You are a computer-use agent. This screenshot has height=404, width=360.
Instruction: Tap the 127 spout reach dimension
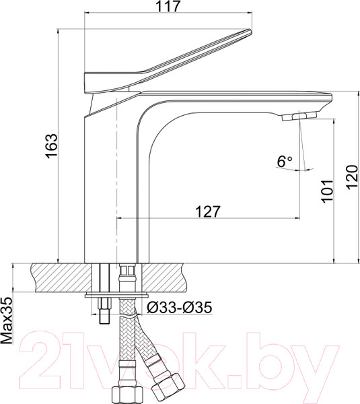tap(208, 211)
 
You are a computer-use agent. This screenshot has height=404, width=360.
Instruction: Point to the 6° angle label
tap(285, 162)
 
